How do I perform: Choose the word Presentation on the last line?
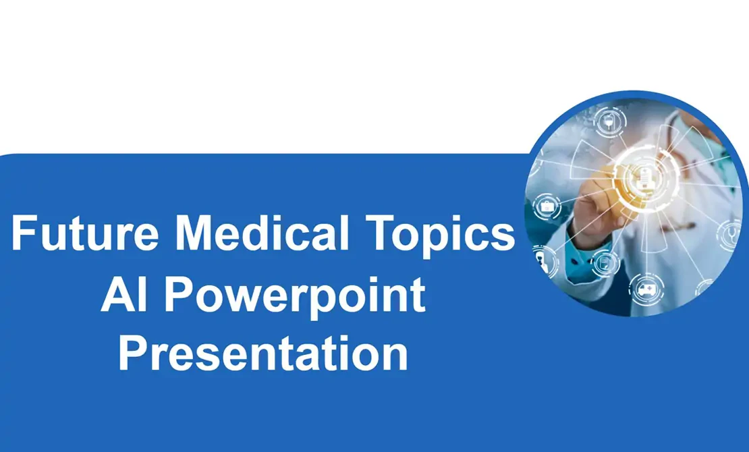tap(263, 354)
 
